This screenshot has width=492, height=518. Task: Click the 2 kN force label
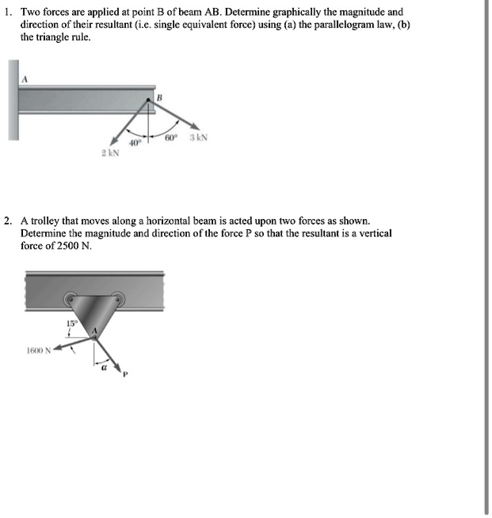(110, 153)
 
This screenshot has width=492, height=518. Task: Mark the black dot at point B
(147, 100)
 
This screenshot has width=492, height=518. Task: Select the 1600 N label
(37, 349)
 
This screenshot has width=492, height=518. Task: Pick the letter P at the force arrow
(125, 375)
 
